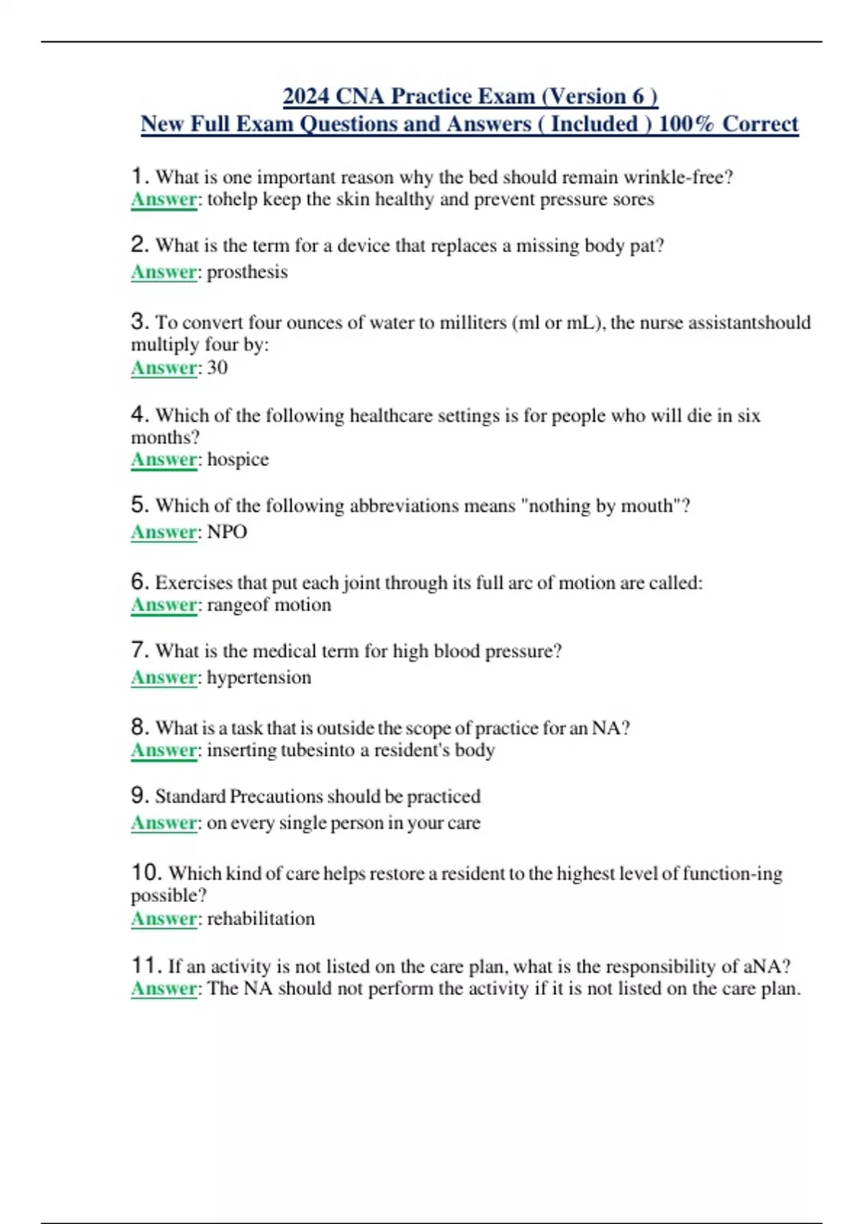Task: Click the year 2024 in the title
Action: coord(306,96)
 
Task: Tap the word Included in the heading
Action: coord(594,124)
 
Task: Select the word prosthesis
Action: coord(247,272)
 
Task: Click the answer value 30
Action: coord(217,368)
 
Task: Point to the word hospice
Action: coord(238,459)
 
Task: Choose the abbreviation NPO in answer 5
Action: coord(227,532)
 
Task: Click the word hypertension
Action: coord(259,678)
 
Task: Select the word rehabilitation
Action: coord(261,919)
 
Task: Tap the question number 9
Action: coord(140,796)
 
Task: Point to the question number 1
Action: coord(140,176)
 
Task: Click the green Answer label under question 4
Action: coord(163,459)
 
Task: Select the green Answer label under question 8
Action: coord(163,750)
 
